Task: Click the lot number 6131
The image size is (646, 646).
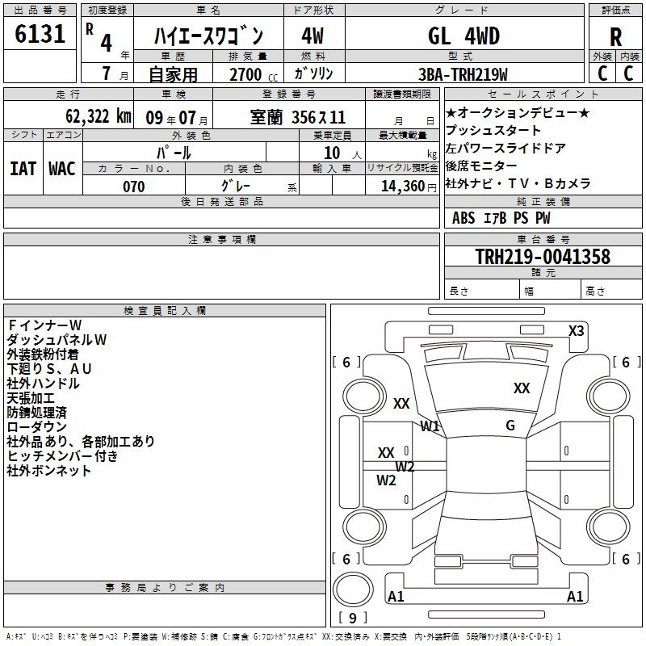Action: click(40, 34)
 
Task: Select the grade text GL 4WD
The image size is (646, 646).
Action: click(464, 36)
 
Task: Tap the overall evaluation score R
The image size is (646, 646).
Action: click(615, 37)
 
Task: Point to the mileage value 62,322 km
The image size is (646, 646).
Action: click(99, 116)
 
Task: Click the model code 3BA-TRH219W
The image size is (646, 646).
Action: click(463, 74)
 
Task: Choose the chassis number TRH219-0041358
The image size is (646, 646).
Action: click(543, 257)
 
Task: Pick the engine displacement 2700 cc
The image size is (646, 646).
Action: click(254, 74)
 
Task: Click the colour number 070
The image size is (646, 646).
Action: click(134, 187)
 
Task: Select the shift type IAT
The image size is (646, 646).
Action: click(23, 169)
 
